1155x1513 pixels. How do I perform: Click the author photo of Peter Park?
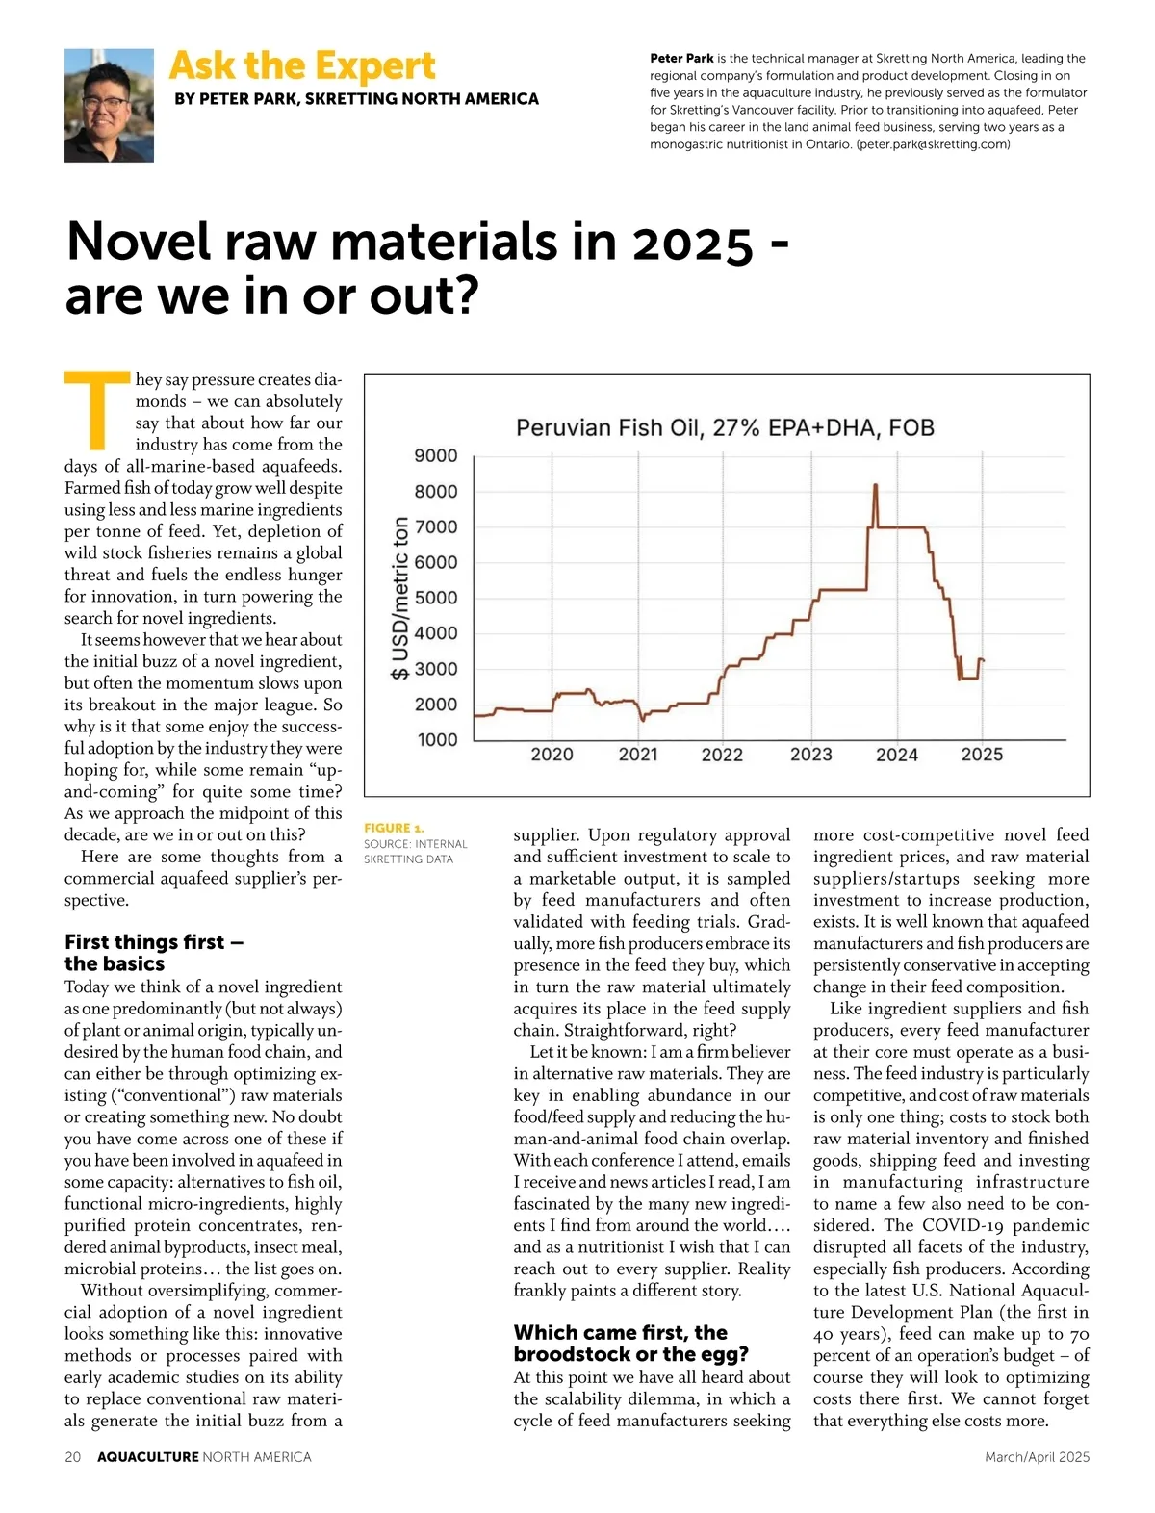[109, 105]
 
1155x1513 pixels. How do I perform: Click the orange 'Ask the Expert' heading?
[302, 66]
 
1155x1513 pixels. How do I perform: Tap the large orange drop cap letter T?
[95, 409]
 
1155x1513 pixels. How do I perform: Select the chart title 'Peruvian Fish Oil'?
[725, 427]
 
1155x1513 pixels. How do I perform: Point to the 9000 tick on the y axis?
[436, 455]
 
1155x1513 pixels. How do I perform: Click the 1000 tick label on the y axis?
[436, 739]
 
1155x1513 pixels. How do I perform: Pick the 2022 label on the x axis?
[722, 755]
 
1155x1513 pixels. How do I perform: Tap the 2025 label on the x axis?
[982, 755]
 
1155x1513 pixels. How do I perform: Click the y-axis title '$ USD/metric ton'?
[400, 599]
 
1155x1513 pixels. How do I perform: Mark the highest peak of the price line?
[875, 485]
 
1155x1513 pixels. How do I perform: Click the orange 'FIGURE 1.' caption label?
[394, 828]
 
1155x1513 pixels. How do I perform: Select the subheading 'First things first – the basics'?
[154, 952]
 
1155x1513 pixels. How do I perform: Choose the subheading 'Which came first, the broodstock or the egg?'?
[630, 1343]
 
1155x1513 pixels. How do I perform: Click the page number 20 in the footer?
[73, 1457]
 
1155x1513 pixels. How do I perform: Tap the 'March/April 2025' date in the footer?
[1037, 1457]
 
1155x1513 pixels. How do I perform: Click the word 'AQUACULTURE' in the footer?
[148, 1457]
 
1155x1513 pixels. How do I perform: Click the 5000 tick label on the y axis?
[436, 598]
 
